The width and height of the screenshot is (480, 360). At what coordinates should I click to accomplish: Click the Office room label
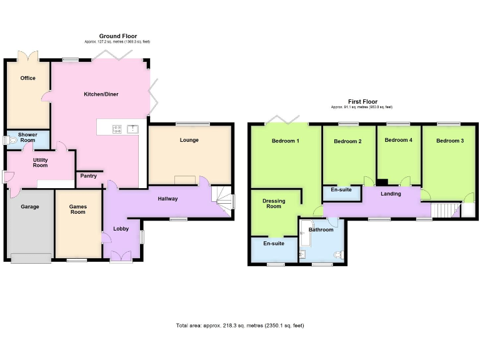pyautogui.click(x=27, y=78)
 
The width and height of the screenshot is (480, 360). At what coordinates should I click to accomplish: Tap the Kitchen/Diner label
pyautogui.click(x=101, y=94)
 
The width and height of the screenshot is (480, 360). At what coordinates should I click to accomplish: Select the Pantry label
pyautogui.click(x=88, y=176)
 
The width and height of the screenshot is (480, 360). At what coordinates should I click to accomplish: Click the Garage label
pyautogui.click(x=29, y=207)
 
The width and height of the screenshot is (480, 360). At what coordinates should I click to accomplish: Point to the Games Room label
pyautogui.click(x=77, y=209)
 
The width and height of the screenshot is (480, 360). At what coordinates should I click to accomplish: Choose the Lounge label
pyautogui.click(x=189, y=140)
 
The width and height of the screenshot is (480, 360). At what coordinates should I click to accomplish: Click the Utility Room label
pyautogui.click(x=41, y=162)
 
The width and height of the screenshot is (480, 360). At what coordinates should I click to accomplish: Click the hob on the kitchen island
pyautogui.click(x=117, y=129)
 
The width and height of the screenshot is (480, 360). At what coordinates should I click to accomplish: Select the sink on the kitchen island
pyautogui.click(x=132, y=129)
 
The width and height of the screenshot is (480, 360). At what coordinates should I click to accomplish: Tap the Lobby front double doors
pyautogui.click(x=121, y=256)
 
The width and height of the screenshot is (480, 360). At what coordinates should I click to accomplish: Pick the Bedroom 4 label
pyautogui.click(x=398, y=140)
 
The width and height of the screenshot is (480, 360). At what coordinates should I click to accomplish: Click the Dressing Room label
pyautogui.click(x=274, y=204)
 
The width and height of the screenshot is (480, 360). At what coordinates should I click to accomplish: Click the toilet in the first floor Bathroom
pyautogui.click(x=339, y=254)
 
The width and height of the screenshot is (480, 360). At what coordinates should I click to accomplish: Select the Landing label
pyautogui.click(x=391, y=194)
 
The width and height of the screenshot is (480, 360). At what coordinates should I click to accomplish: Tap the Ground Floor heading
pyautogui.click(x=117, y=36)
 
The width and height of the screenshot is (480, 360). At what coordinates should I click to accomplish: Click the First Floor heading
pyautogui.click(x=362, y=102)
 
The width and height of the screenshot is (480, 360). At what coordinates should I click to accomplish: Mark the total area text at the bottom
pyautogui.click(x=240, y=326)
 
